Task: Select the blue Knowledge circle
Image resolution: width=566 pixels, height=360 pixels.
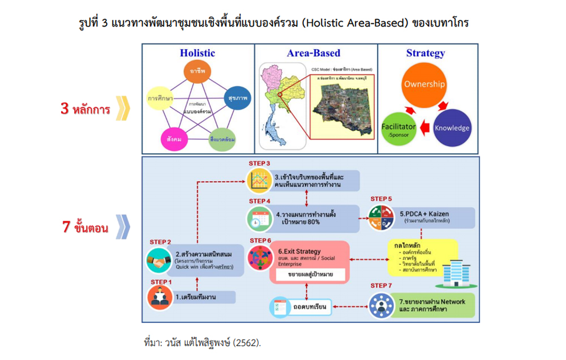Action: tap(452, 128)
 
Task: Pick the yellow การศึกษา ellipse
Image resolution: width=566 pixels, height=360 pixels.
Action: tap(161, 98)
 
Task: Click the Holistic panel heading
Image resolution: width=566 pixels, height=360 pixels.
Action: tap(198, 53)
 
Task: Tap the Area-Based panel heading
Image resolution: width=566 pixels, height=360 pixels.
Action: tap(314, 53)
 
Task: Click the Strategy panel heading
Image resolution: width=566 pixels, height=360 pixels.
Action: tap(426, 53)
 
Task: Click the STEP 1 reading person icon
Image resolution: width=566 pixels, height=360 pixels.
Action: tap(160, 296)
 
